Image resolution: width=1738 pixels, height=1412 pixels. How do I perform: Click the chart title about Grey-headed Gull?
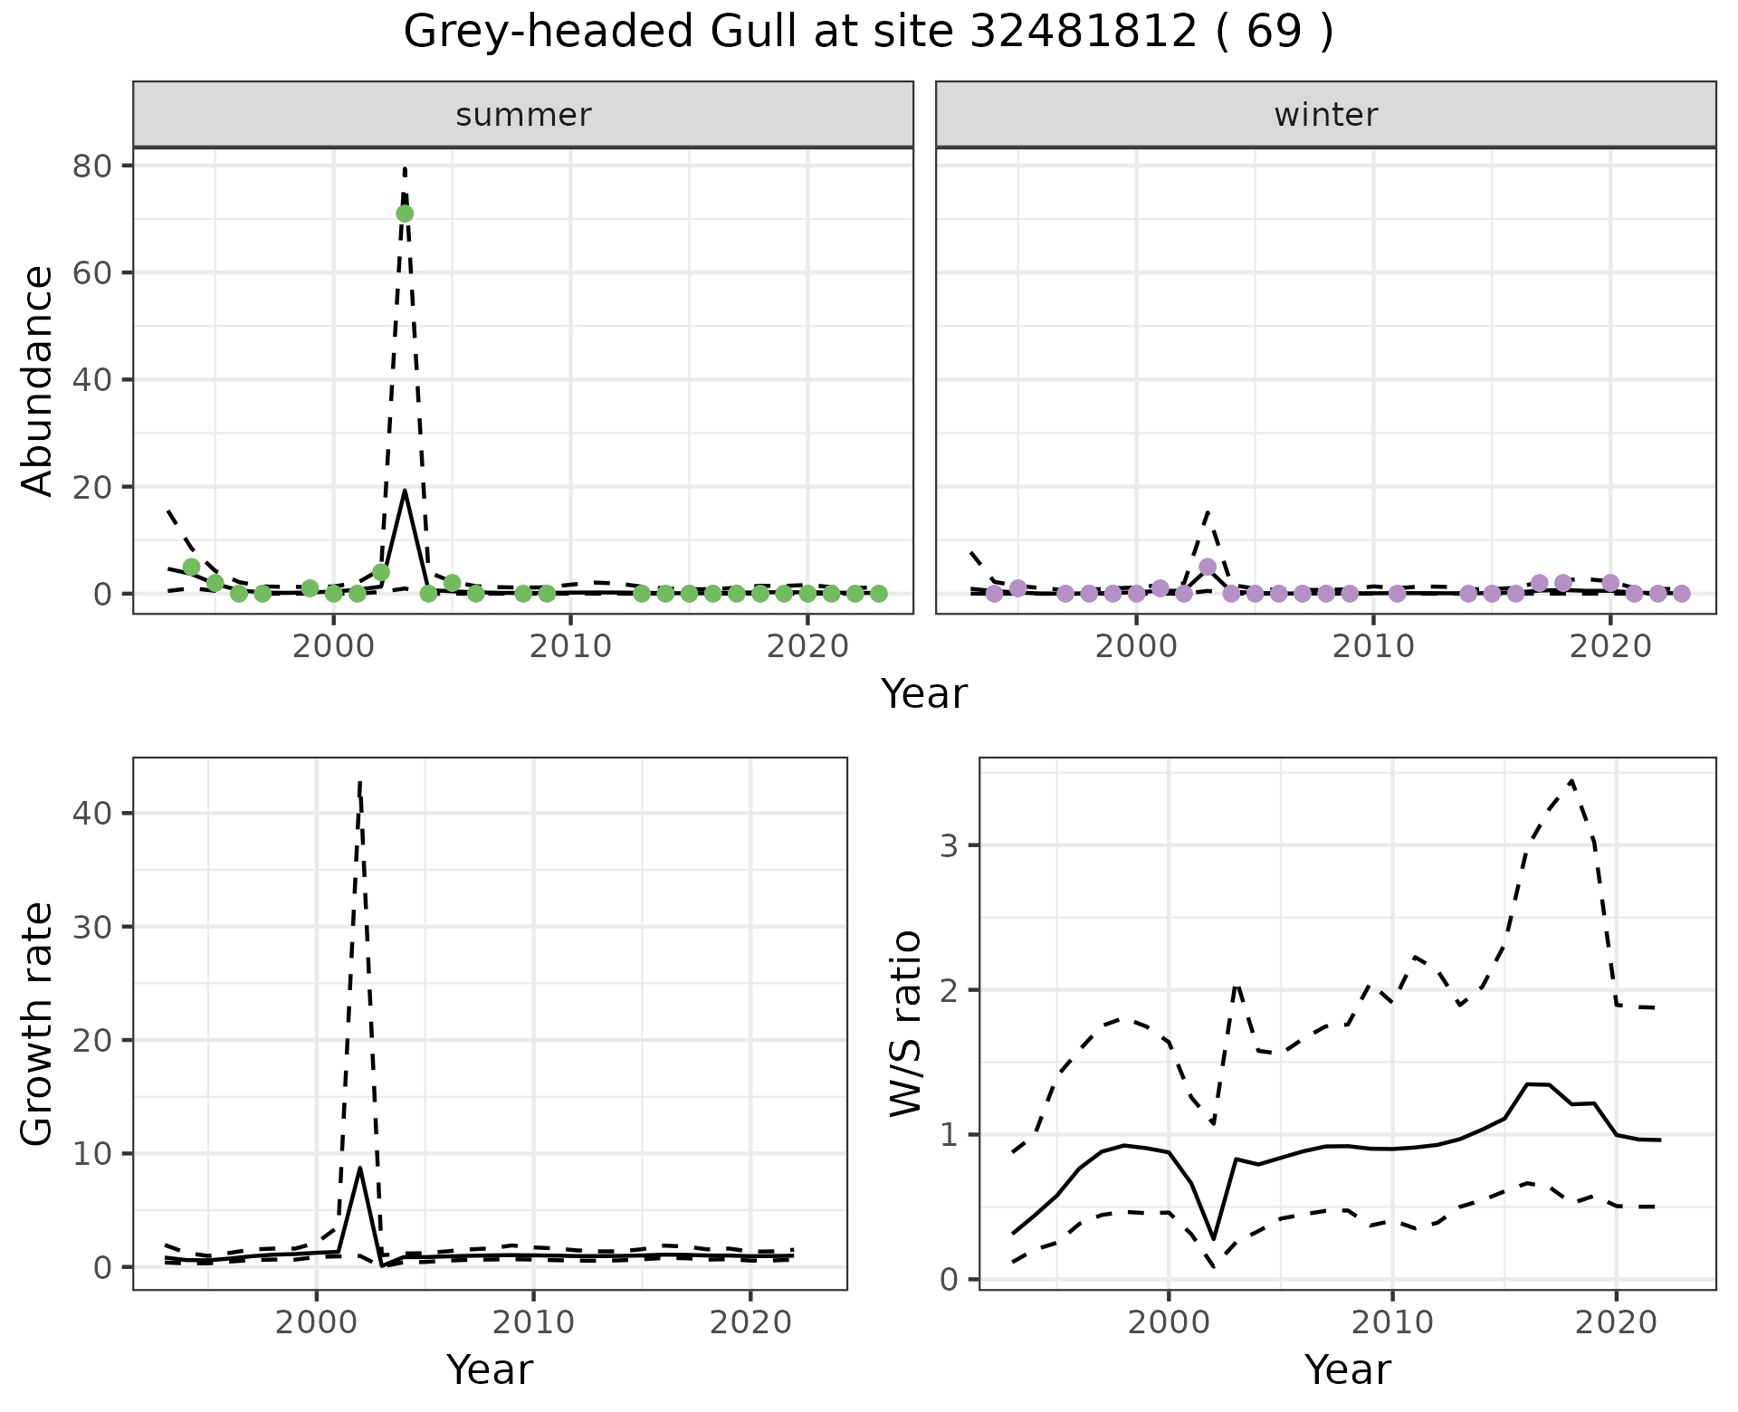[x=867, y=33]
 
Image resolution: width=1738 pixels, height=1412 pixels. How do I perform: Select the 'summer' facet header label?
[x=523, y=115]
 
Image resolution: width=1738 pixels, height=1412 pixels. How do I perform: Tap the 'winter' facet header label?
[x=1325, y=115]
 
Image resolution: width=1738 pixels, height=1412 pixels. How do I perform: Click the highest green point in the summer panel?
[x=405, y=214]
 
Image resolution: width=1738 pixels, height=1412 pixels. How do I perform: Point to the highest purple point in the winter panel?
[x=1208, y=567]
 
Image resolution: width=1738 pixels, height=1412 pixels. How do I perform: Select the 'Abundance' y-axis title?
[x=38, y=380]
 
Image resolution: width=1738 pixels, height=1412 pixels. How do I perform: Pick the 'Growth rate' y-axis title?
[x=38, y=1024]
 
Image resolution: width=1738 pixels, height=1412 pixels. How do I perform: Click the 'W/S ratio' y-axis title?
[x=905, y=1024]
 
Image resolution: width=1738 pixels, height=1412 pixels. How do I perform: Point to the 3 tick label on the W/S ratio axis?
[x=949, y=845]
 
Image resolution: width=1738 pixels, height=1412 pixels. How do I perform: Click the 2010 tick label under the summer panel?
[x=570, y=647]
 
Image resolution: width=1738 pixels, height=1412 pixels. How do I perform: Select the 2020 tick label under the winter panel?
[x=1610, y=647]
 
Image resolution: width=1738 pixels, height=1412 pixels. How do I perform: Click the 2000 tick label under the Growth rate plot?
[x=316, y=1322]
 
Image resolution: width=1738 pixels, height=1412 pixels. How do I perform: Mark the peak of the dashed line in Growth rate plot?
[x=359, y=781]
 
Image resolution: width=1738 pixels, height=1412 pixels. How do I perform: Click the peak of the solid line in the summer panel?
[x=405, y=490]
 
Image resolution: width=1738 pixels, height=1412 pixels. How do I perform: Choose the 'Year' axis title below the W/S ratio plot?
[x=1347, y=1369]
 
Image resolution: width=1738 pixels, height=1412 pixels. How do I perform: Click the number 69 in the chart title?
[x=1275, y=33]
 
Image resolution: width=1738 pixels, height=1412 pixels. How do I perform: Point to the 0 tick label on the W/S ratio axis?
[x=949, y=1279]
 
